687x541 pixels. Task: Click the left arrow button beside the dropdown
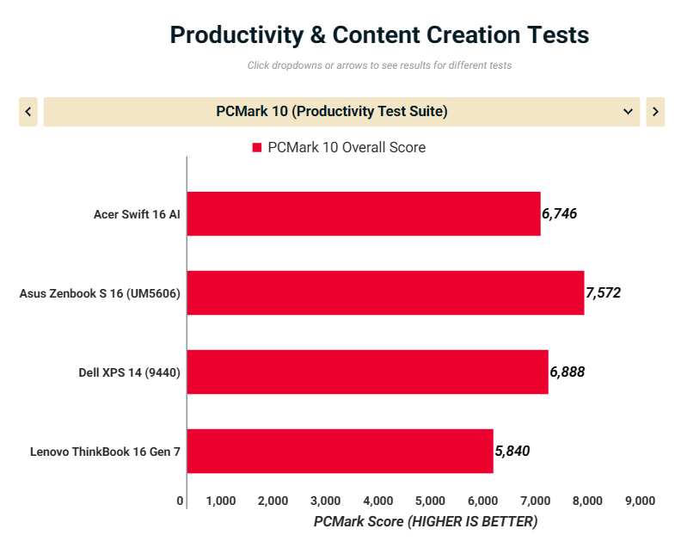(x=28, y=112)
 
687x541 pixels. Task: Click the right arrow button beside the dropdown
(x=655, y=112)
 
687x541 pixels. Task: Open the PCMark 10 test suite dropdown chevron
(x=627, y=112)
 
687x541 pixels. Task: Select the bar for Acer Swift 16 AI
(x=363, y=213)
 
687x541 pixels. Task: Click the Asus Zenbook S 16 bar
(x=385, y=292)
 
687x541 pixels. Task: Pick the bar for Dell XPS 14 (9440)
(x=367, y=372)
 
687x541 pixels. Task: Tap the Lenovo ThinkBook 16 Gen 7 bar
(x=340, y=451)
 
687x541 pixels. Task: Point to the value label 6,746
(x=559, y=213)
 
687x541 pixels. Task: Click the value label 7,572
(x=603, y=292)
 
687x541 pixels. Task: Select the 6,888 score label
(x=567, y=372)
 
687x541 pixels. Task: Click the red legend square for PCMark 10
(x=256, y=148)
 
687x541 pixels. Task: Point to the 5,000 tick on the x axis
(x=430, y=501)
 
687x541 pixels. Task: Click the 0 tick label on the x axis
(x=180, y=501)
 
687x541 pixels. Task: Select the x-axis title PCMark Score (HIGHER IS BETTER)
(x=425, y=521)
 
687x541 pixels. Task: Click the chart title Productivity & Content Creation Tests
(x=379, y=35)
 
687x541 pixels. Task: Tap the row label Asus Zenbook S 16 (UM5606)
(x=100, y=293)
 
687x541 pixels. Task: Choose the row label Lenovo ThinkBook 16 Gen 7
(x=105, y=452)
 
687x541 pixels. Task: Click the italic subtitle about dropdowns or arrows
(x=379, y=65)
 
